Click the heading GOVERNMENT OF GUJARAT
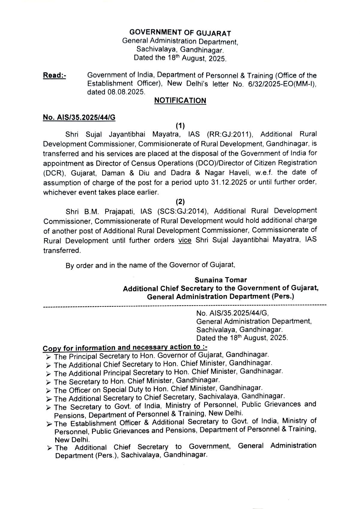180,32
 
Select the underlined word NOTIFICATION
180,101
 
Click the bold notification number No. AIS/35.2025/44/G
79,117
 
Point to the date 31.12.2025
228,182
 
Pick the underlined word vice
185,240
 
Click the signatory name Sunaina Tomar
221,280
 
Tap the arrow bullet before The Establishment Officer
49,424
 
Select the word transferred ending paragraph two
62,250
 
